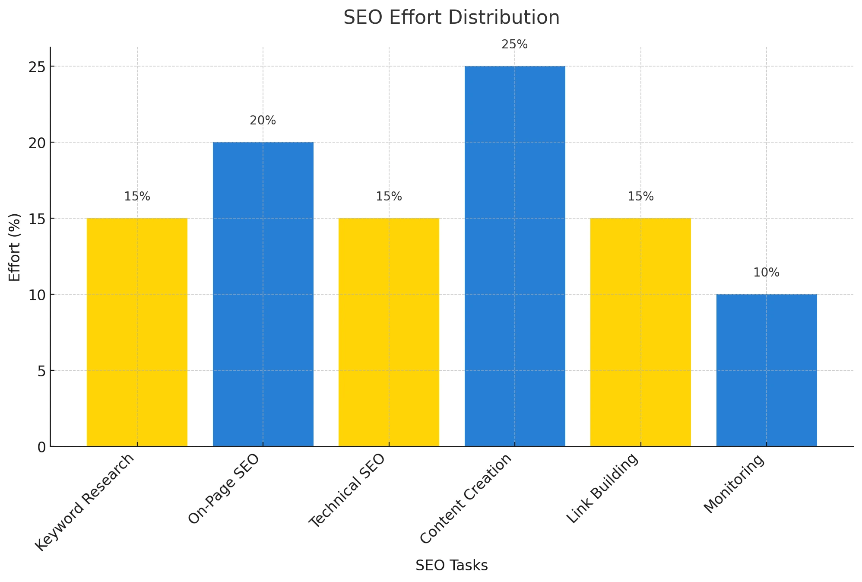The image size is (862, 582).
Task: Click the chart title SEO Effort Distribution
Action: click(x=451, y=18)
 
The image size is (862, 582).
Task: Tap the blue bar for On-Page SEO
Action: click(x=263, y=294)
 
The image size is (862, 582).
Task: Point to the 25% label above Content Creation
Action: click(x=514, y=45)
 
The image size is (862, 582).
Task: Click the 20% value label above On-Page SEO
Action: click(x=263, y=121)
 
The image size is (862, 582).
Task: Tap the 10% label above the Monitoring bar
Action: click(x=766, y=273)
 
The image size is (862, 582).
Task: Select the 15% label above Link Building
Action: click(x=640, y=197)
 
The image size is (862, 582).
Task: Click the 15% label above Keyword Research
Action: click(x=137, y=197)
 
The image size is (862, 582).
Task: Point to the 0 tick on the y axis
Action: click(x=41, y=447)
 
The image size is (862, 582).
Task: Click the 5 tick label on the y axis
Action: click(x=41, y=371)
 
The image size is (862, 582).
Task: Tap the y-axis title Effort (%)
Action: click(x=15, y=247)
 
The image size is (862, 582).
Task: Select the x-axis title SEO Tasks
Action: click(x=451, y=566)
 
